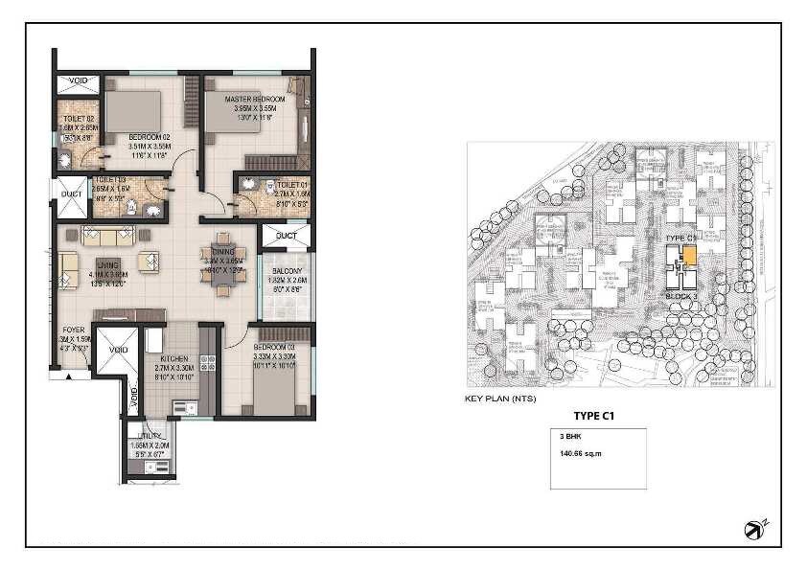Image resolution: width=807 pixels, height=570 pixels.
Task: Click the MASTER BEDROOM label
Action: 254,99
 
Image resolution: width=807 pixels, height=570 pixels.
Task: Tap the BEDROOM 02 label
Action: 149,137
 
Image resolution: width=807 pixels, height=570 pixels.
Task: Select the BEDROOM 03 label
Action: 276,347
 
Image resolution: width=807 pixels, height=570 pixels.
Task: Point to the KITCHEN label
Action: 173,357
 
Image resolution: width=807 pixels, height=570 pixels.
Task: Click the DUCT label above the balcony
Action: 286,235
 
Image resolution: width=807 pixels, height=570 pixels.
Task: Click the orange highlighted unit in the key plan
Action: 688,255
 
